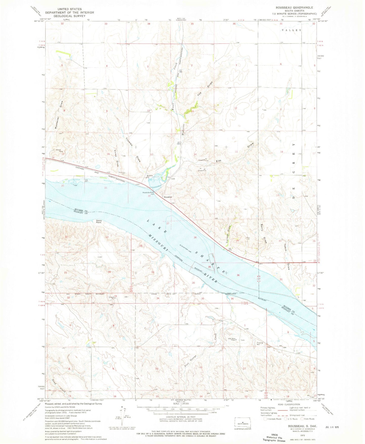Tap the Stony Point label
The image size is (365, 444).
pos(99,221)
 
